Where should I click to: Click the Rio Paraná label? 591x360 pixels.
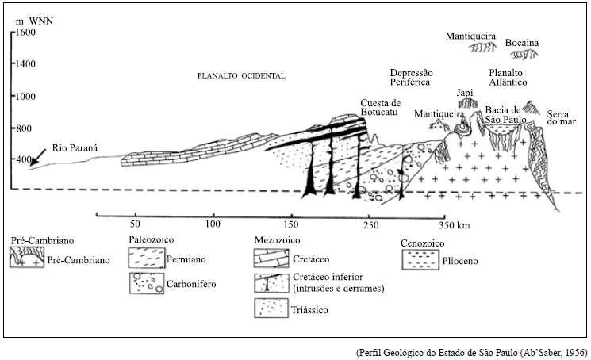[x=75, y=147]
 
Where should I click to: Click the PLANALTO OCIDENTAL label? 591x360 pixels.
[x=241, y=76]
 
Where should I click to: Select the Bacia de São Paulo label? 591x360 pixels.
[x=504, y=114]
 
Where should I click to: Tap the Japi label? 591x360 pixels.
[x=465, y=92]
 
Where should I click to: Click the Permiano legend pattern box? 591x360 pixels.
[x=145, y=259]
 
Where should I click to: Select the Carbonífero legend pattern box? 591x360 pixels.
[x=145, y=281]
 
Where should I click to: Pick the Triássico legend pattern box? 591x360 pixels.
[x=269, y=308]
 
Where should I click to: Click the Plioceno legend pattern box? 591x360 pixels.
[x=420, y=259]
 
